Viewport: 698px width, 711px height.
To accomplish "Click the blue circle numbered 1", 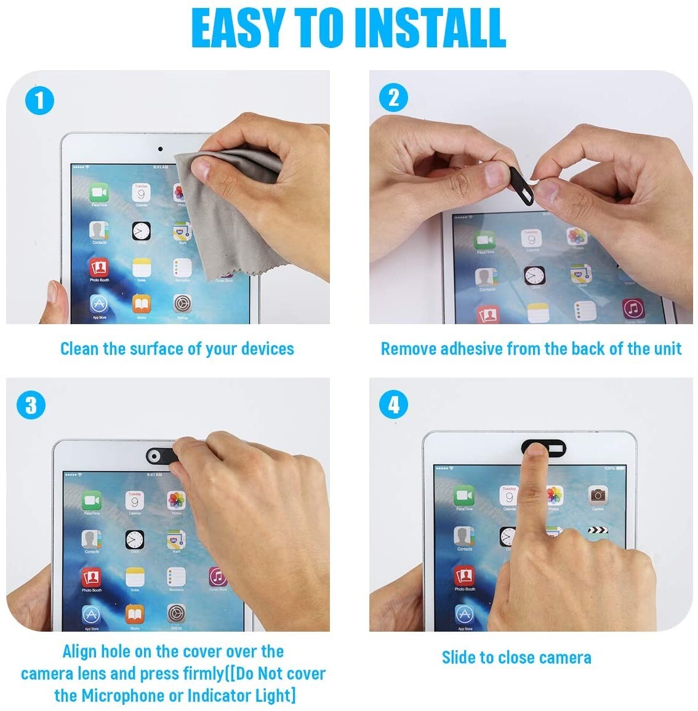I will (x=39, y=100).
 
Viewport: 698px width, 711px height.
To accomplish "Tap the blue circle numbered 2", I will (x=394, y=98).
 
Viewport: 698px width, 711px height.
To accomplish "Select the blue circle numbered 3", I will (x=31, y=405).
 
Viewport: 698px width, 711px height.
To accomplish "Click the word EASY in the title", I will (x=238, y=28).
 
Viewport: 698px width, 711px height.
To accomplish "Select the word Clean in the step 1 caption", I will (x=79, y=349).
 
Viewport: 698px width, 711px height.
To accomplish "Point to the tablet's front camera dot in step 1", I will (x=160, y=149).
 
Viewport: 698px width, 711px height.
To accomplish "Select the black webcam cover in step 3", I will (x=161, y=455).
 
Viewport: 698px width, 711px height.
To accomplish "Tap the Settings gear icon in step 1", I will (x=183, y=303).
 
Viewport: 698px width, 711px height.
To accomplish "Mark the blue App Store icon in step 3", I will (x=92, y=614).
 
